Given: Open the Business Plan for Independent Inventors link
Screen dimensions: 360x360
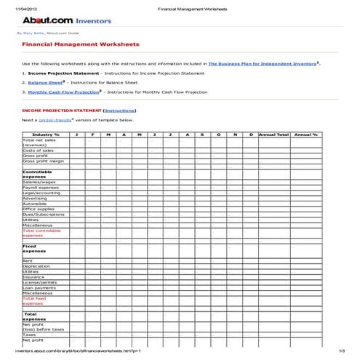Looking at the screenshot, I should (x=261, y=64).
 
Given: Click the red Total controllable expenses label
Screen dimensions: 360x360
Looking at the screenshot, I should (x=41, y=233).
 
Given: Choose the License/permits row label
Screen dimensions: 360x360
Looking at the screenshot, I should (x=39, y=281).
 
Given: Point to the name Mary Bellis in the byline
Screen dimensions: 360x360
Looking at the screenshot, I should (x=33, y=33).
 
